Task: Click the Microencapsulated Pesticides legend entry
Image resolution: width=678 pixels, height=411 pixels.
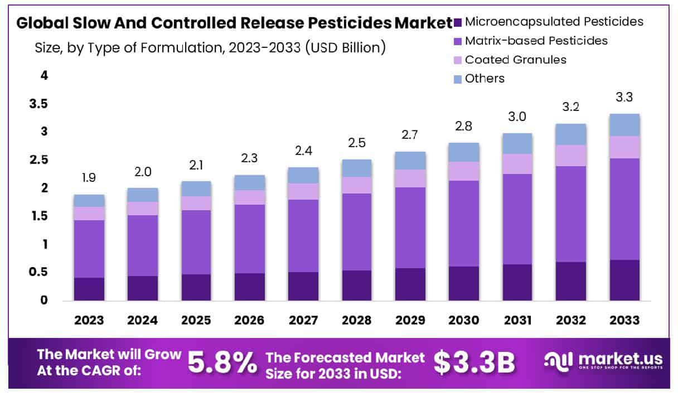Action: (554, 22)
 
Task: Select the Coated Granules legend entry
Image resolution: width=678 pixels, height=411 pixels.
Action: (515, 60)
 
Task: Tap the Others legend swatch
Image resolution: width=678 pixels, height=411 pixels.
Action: (458, 79)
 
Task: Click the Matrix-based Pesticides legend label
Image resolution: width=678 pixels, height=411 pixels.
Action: (536, 41)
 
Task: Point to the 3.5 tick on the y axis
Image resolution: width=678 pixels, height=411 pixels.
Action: (41, 104)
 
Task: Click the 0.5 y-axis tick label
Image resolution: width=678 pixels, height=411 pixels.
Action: (41, 273)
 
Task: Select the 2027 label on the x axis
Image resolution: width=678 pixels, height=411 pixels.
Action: (303, 321)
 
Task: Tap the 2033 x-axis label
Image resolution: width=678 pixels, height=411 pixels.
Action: (624, 321)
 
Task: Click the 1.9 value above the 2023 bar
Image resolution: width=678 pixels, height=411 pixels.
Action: (89, 178)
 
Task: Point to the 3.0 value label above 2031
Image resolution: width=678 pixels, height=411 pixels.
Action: (517, 117)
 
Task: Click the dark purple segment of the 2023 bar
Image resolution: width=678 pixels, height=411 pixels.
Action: (89, 289)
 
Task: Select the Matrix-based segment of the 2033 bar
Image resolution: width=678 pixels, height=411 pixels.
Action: (624, 209)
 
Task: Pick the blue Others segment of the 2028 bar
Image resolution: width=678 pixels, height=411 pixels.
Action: (357, 168)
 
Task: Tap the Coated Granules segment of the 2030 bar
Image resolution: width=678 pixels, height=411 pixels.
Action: (464, 171)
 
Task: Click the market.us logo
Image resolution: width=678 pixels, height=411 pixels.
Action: (603, 361)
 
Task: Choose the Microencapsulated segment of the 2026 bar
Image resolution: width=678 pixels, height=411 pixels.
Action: (250, 287)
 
